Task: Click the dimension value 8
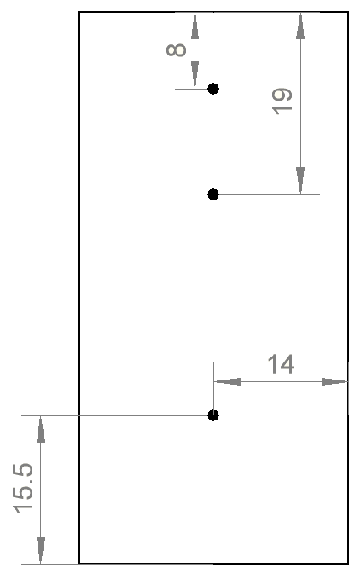tap(176, 50)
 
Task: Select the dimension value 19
tap(282, 101)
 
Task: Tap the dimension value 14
tap(281, 364)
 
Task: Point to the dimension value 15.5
tap(23, 489)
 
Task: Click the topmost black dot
tap(213, 89)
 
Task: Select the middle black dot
tap(213, 194)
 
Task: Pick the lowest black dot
tap(213, 415)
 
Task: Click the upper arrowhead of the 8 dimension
tap(195, 26)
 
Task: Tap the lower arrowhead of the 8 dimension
tap(195, 75)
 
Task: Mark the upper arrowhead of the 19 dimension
tap(300, 26)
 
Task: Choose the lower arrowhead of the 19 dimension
tap(300, 181)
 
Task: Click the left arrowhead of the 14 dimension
tap(228, 382)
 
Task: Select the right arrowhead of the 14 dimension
tap(334, 382)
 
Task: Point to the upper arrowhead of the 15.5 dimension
tap(41, 429)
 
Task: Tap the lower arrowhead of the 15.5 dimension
tap(41, 550)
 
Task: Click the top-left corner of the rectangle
tap(79, 12)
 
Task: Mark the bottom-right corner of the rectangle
tap(348, 564)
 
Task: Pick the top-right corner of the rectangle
tap(348, 12)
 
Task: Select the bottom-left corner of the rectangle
tap(79, 564)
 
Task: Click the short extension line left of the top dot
tap(192, 89)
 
